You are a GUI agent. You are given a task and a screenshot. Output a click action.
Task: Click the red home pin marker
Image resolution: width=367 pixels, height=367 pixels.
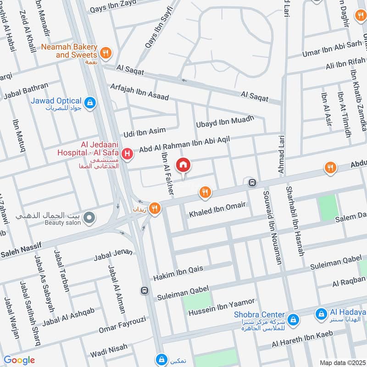pyautogui.click(x=183, y=165)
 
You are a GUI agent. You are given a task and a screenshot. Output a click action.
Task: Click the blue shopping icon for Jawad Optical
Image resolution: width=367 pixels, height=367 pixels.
pyautogui.click(x=91, y=102)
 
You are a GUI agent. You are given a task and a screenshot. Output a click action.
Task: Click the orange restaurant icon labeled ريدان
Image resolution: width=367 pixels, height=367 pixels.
pyautogui.click(x=156, y=208)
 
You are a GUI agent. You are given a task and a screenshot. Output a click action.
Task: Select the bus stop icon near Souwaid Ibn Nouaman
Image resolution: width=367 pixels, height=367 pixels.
pyautogui.click(x=252, y=183)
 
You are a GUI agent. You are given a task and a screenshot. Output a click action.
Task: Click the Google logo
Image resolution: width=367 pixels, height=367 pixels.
pyautogui.click(x=19, y=360)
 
